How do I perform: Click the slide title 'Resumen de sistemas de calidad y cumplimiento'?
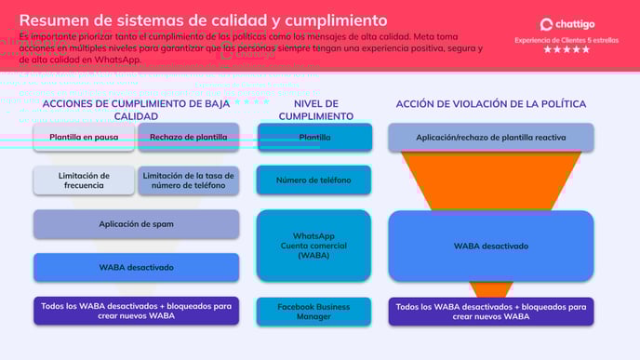(204, 20)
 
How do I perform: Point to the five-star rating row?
(566, 50)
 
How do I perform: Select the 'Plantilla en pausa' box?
(84, 137)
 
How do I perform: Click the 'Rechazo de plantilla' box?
(188, 137)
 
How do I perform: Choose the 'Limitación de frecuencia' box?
(84, 180)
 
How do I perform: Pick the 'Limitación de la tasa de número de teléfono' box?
(188, 180)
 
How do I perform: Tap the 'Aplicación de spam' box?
(136, 224)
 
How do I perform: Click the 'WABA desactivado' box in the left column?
(136, 267)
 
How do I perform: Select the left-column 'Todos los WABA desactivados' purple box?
(136, 311)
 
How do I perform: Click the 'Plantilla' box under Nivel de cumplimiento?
(314, 138)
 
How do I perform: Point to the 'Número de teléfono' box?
(314, 180)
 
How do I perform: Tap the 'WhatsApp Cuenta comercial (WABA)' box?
(314, 246)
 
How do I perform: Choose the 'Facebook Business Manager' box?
(314, 311)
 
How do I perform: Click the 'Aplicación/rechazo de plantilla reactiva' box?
(490, 137)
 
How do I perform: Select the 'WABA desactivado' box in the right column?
(490, 246)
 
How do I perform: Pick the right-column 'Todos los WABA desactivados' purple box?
(490, 311)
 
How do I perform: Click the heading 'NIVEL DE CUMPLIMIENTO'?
(315, 110)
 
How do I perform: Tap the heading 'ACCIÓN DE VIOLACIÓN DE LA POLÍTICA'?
(490, 104)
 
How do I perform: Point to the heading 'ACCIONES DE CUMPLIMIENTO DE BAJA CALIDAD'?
(136, 110)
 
